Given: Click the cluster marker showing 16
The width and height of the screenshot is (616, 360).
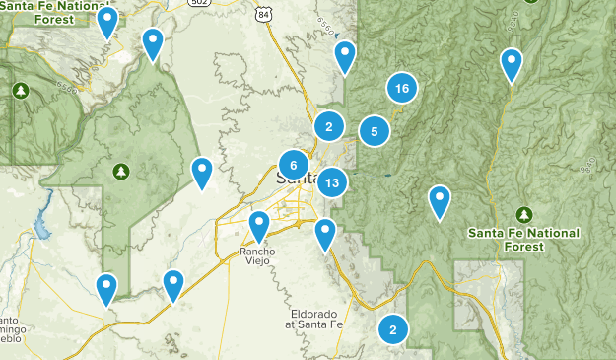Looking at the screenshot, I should (400, 89).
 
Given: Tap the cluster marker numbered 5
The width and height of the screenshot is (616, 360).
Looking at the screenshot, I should (375, 131).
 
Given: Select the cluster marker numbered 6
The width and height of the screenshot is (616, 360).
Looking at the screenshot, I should (294, 165).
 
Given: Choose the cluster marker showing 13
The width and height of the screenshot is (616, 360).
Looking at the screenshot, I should (332, 182).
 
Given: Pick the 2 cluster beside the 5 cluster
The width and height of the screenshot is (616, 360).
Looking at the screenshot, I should (329, 126).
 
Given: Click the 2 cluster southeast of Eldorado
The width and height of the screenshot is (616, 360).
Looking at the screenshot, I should (393, 330).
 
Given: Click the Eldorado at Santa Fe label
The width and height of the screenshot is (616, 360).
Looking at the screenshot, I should (316, 316).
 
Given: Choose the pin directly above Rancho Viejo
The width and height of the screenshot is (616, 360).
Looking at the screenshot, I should (259, 226).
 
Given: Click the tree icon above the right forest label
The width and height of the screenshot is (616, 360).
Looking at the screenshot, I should (524, 213).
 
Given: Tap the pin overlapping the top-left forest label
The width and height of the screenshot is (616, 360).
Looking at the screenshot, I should (107, 22).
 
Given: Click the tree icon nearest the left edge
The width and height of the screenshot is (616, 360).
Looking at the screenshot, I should (21, 91).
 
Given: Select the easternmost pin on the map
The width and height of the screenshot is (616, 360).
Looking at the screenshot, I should (512, 64).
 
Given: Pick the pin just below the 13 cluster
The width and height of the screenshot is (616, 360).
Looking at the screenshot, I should (325, 235).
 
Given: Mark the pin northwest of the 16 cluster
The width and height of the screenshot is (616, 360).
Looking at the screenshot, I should (345, 57).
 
